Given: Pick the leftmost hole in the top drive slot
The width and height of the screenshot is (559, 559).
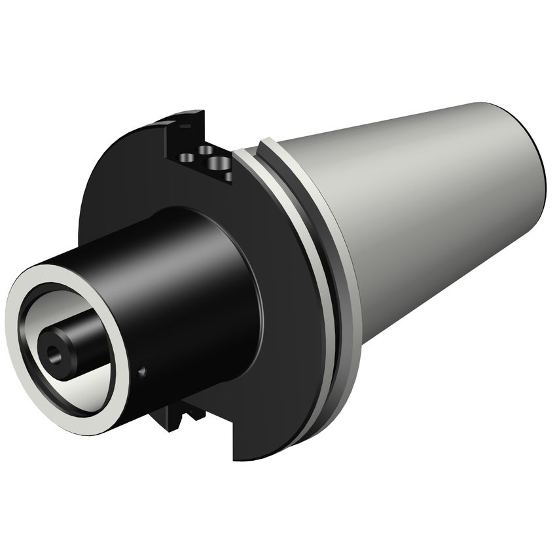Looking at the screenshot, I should [187, 158].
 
